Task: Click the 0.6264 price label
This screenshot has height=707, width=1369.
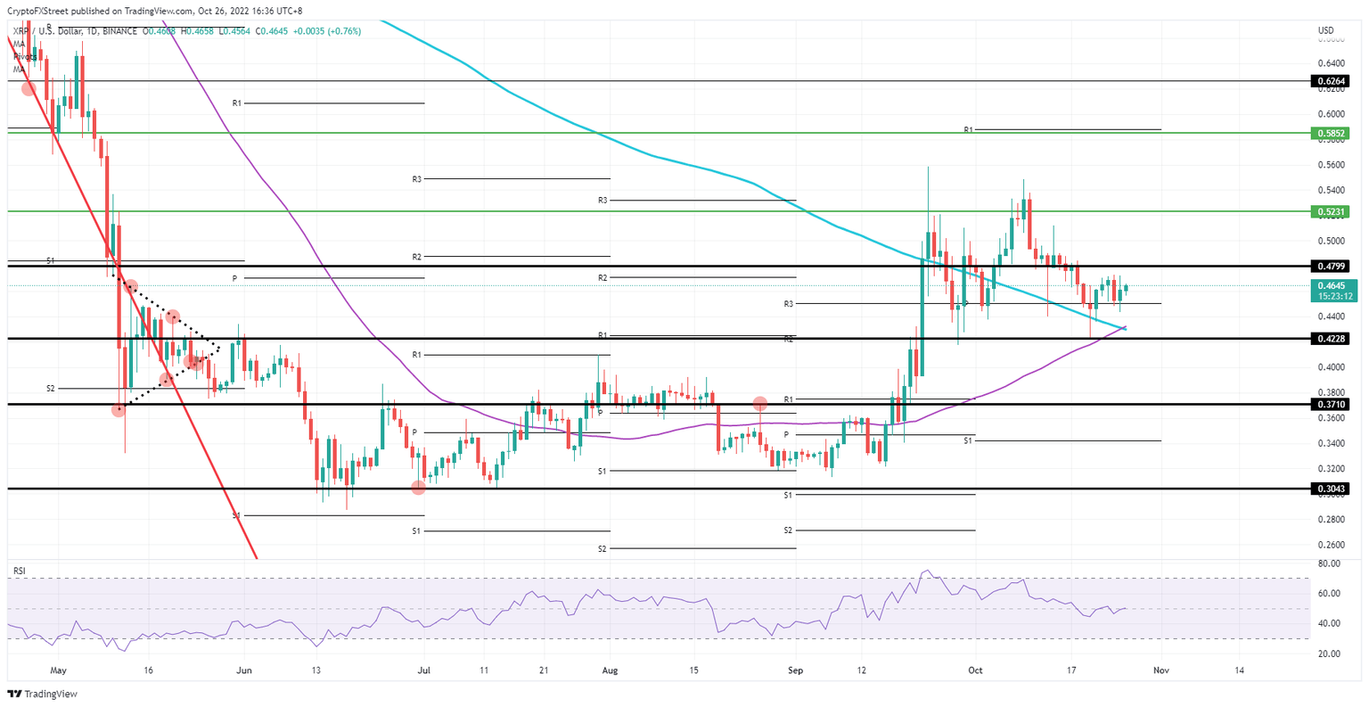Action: pos(1331,81)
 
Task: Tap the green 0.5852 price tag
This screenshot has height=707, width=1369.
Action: pos(1331,133)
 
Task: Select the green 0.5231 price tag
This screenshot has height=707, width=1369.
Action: pos(1331,212)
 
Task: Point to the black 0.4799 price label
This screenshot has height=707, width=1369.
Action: pos(1331,267)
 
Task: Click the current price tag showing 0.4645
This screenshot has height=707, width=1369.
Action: pos(1331,285)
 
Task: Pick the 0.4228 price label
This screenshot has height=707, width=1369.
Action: pos(1331,339)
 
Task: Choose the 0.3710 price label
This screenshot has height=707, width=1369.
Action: pos(1331,404)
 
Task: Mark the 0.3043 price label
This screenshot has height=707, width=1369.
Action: pos(1331,489)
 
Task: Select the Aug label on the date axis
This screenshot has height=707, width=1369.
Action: pos(610,670)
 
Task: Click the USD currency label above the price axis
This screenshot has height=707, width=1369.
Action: pos(1325,31)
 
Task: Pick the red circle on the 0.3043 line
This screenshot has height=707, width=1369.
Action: pos(418,487)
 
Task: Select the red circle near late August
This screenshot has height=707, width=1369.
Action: pos(760,403)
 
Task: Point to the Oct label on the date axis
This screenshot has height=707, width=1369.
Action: pos(975,670)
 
